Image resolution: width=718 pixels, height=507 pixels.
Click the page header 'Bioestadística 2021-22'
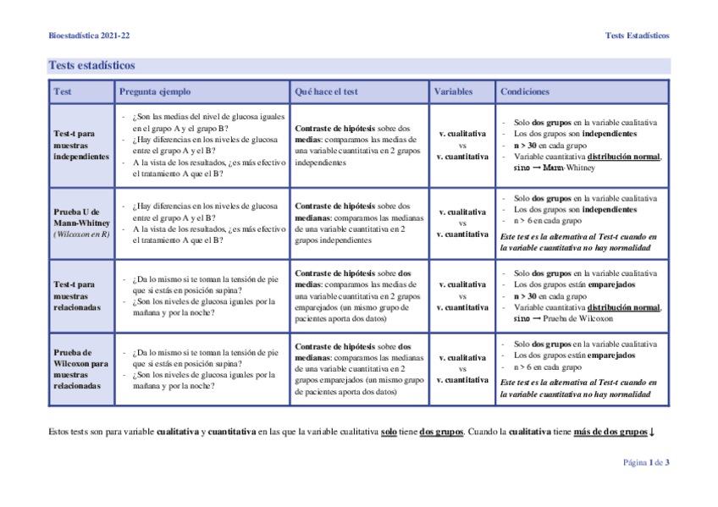click(89, 36)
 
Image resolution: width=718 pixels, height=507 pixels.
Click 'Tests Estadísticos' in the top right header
click(637, 36)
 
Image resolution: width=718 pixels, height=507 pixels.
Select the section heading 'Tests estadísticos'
click(91, 65)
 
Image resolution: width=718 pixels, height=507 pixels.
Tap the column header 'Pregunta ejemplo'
click(155, 91)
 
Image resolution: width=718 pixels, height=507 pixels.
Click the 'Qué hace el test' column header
click(326, 91)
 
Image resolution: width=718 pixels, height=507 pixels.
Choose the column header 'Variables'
click(454, 91)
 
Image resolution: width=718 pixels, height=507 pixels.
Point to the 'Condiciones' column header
click(525, 91)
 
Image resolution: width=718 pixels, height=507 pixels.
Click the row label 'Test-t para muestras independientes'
click(80, 145)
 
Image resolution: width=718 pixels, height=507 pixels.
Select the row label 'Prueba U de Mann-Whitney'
click(80, 217)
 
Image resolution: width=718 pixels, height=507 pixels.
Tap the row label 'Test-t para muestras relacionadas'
click(76, 296)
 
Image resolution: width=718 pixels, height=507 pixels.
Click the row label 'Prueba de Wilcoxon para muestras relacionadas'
click(80, 369)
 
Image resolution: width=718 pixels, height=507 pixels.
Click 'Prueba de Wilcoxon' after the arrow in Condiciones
click(578, 319)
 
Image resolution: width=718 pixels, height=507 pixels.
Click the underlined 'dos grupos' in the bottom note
click(441, 432)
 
